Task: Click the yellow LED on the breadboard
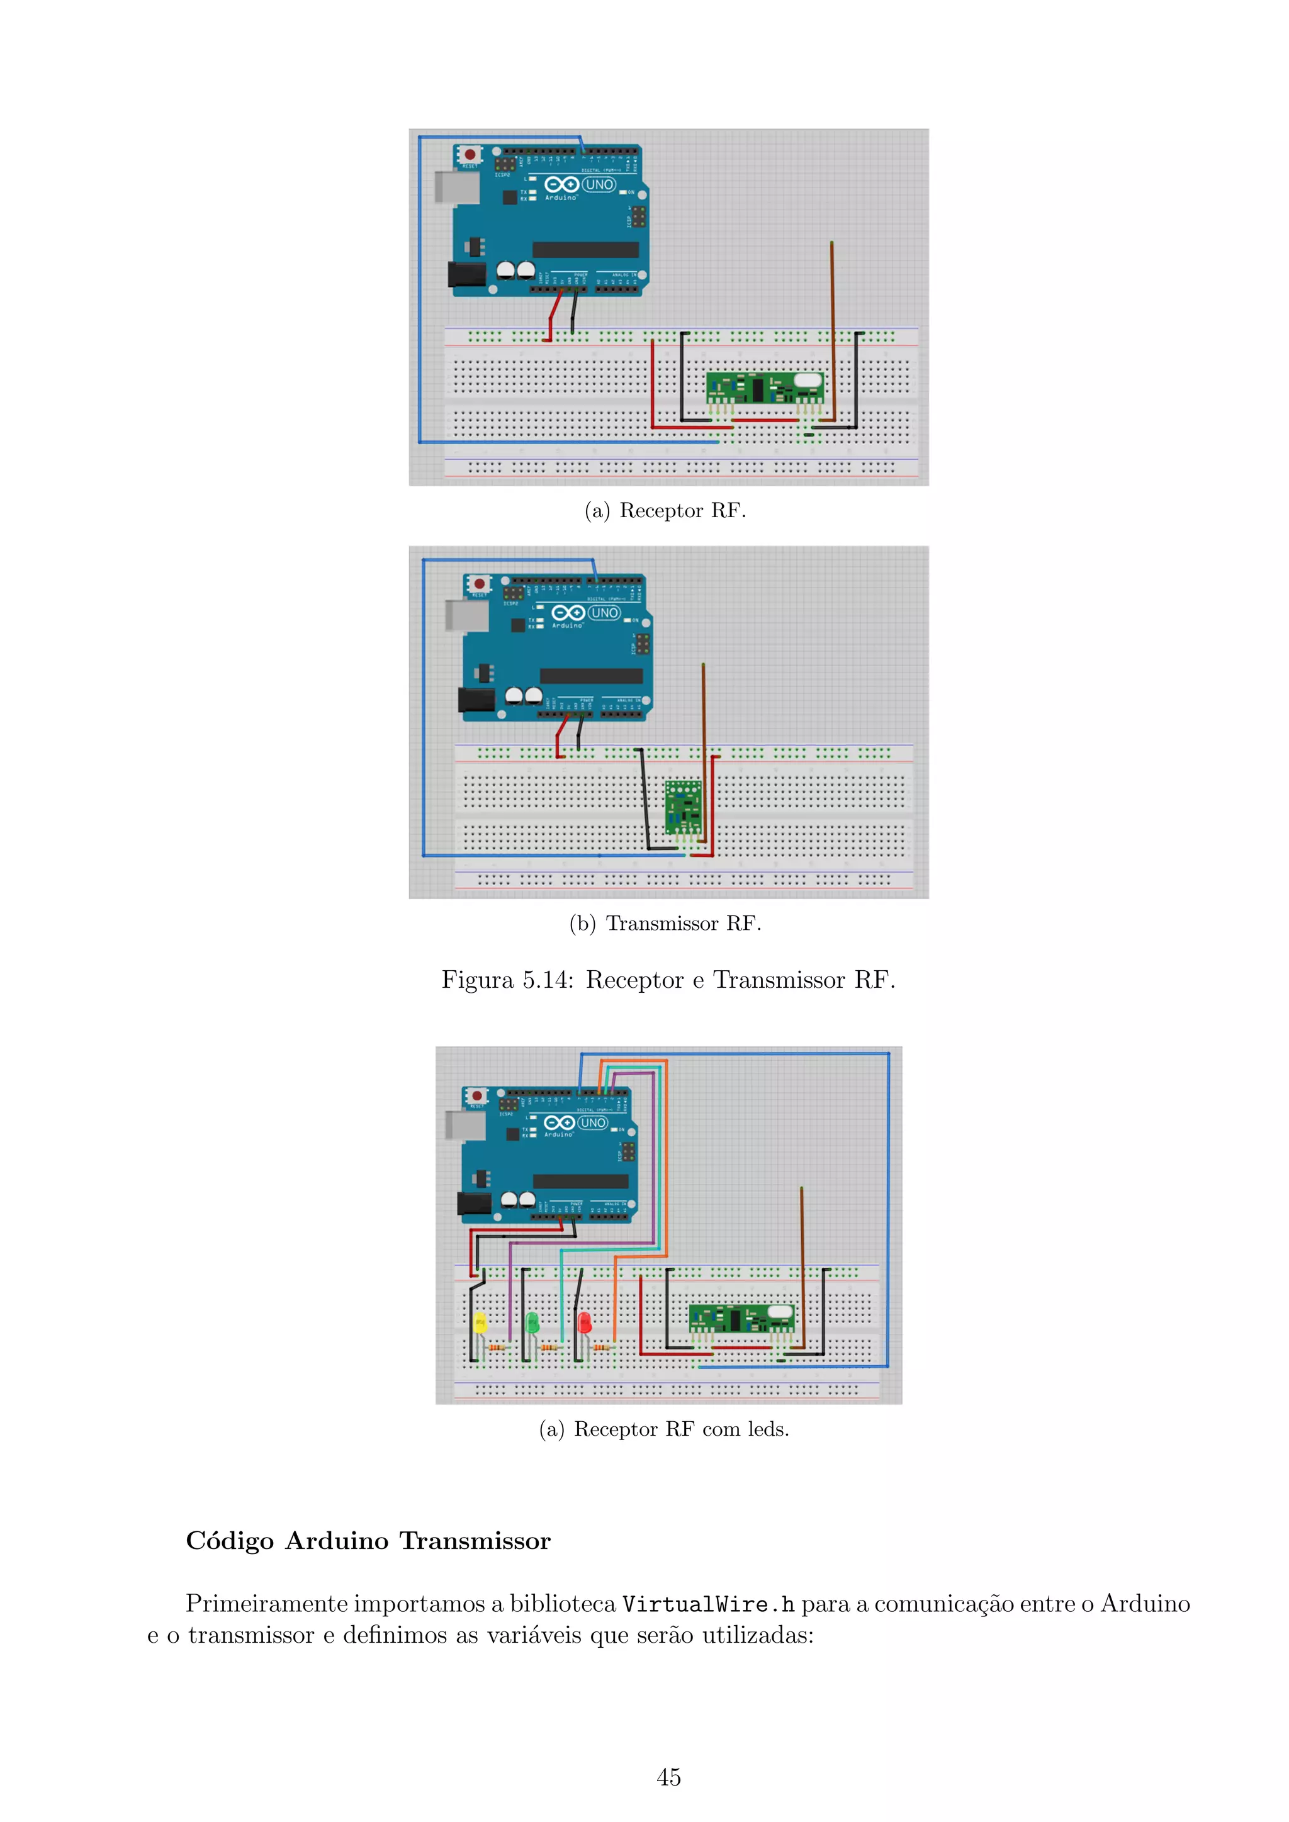point(480,1322)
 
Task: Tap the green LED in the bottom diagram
point(532,1322)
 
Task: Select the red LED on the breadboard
point(584,1322)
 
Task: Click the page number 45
point(668,1777)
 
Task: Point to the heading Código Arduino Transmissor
point(368,1540)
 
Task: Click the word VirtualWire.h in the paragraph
point(708,1604)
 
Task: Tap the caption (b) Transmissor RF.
point(665,923)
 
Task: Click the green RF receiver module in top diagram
point(764,388)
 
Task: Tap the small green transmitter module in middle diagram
point(683,807)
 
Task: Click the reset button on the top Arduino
point(470,154)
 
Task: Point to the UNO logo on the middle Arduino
point(604,613)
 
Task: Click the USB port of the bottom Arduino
point(464,1126)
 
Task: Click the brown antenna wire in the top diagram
point(832,318)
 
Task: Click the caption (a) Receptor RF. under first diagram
point(665,510)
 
